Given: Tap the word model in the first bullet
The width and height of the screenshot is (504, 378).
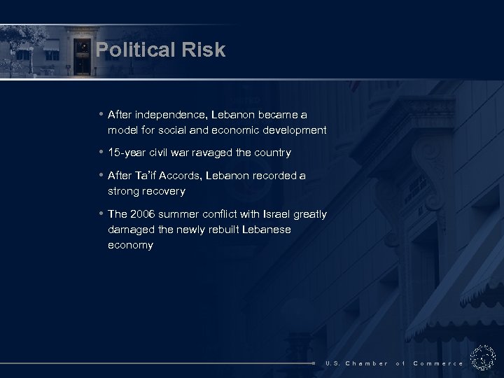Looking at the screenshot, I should click(x=123, y=129).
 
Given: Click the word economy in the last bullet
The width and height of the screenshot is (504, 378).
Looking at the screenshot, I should click(x=130, y=245).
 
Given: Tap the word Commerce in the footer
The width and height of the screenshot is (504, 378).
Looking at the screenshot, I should click(x=438, y=363).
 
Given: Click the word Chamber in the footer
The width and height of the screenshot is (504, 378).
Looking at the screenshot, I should click(x=367, y=363).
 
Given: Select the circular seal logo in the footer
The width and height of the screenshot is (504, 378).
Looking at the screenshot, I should click(x=482, y=358).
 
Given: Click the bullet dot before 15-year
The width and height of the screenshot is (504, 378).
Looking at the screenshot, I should click(x=102, y=152).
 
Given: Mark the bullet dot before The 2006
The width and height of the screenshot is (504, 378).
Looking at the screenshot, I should click(x=102, y=213).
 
